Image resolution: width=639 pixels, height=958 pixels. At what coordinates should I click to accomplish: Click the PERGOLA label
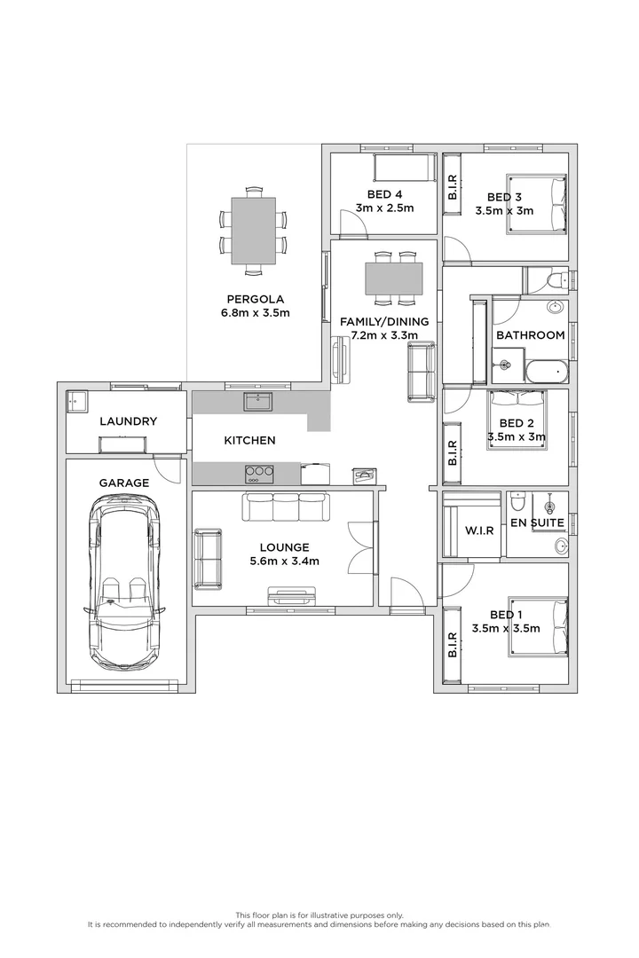point(254,299)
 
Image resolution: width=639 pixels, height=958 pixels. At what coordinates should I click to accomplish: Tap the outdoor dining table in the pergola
point(254,231)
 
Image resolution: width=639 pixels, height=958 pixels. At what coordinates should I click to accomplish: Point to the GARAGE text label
point(123,483)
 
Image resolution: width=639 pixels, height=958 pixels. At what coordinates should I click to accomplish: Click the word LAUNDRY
point(128,421)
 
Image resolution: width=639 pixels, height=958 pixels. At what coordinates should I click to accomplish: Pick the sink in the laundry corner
point(76,401)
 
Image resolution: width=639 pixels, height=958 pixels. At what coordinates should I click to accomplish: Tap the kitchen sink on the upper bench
point(258,404)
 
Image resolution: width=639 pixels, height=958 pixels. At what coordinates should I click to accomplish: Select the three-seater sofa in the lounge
point(285,507)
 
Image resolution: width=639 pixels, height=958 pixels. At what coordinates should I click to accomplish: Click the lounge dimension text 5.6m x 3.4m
point(285,561)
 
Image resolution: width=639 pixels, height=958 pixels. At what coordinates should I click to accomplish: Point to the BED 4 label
point(384,195)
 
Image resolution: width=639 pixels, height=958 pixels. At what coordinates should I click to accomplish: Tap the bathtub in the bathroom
point(543,372)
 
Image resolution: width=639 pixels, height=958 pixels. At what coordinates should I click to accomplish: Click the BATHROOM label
point(530,335)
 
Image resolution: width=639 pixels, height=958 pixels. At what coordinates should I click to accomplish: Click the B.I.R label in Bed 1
point(452,645)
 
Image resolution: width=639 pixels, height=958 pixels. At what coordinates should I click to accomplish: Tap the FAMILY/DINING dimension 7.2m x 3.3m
point(390,336)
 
